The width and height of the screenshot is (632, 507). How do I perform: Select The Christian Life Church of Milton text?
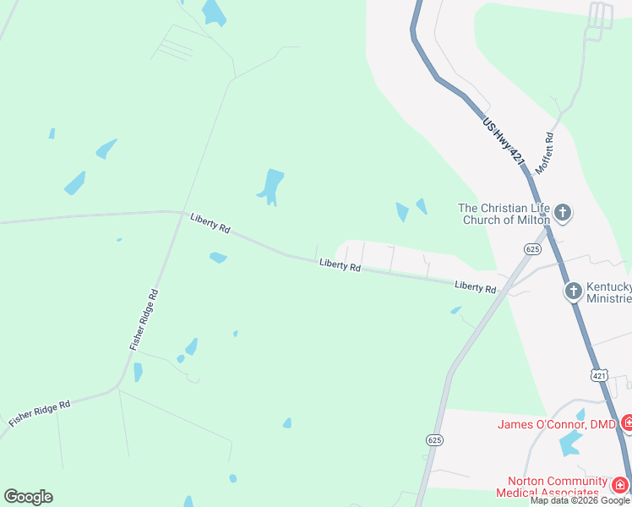(x=504, y=214)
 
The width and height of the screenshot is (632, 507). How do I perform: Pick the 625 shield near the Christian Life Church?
(x=531, y=248)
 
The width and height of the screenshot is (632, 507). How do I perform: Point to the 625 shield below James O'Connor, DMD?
(x=434, y=440)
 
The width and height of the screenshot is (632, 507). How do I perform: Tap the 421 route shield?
(x=599, y=374)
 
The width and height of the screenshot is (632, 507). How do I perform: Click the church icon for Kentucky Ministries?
(x=573, y=292)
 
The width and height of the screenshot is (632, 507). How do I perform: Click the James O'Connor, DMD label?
(x=557, y=423)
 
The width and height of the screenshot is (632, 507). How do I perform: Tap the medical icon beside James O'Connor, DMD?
(x=627, y=422)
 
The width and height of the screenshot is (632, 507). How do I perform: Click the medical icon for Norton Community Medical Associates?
(x=619, y=485)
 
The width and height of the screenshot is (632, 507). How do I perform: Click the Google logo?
(x=28, y=497)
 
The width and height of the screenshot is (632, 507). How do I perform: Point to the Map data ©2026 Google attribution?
(x=580, y=500)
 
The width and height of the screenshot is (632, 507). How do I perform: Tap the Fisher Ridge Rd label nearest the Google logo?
(x=40, y=413)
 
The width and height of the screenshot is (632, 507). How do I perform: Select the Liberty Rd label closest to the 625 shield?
(x=475, y=287)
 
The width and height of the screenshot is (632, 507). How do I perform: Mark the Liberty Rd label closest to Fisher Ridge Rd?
(x=210, y=223)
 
